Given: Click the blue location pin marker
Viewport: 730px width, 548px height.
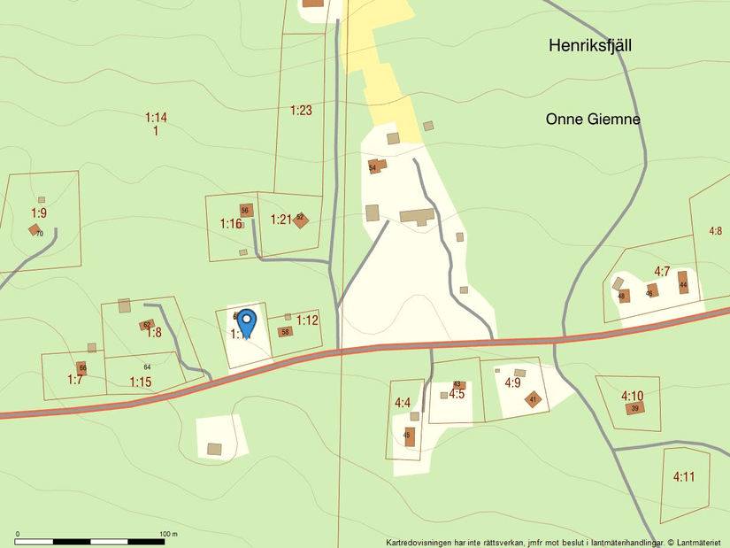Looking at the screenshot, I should (247, 322).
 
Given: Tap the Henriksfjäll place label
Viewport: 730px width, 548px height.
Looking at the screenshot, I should (589, 45).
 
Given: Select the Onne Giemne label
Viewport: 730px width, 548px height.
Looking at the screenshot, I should (592, 120).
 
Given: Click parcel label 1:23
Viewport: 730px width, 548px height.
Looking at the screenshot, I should (302, 111).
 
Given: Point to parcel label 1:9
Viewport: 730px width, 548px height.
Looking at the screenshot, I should (39, 212).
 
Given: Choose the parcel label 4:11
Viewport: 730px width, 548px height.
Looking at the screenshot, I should (683, 476).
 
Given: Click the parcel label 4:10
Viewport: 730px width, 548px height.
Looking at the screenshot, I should (632, 396).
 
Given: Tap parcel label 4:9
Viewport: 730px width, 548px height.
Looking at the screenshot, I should (512, 383).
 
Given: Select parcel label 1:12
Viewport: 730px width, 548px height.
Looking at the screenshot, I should (307, 320).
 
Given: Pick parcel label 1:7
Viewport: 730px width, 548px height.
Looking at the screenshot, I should (75, 380).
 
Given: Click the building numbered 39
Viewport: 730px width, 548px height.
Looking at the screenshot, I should (634, 408).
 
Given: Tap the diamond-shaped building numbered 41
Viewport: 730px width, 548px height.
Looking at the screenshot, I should (533, 399).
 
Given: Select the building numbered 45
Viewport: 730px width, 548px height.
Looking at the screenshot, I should (409, 436).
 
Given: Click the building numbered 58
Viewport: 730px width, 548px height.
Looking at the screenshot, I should (285, 332).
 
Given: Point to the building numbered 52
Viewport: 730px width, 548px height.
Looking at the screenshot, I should (300, 218).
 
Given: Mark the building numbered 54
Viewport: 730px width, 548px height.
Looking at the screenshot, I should (375, 166).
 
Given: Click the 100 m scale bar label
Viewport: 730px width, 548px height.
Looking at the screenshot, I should (168, 535).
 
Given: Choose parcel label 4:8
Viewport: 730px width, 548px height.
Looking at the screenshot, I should (715, 231).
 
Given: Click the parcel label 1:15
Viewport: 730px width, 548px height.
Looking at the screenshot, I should (141, 382).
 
